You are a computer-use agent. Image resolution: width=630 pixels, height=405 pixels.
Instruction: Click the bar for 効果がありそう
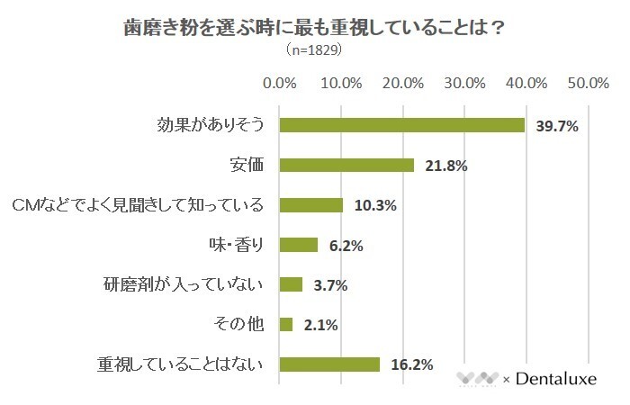(x=401, y=125)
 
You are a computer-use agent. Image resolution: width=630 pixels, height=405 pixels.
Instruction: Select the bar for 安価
(x=346, y=165)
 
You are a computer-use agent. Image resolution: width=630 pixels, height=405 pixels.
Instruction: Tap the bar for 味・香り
(x=299, y=245)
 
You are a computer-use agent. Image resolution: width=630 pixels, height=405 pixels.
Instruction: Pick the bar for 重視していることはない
(x=329, y=364)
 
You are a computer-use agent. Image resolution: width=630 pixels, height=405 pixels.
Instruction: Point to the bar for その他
(x=286, y=324)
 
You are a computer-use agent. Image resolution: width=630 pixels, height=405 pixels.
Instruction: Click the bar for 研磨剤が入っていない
(x=291, y=284)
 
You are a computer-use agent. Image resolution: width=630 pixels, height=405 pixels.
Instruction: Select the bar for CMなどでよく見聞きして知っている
(x=311, y=205)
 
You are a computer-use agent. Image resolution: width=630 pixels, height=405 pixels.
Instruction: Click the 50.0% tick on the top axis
(x=589, y=83)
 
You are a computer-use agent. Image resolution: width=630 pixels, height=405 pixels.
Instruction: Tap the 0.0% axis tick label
(x=279, y=83)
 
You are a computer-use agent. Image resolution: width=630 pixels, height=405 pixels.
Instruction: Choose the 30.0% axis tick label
(x=465, y=83)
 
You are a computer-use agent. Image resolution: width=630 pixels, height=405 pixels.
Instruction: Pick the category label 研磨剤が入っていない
(x=184, y=284)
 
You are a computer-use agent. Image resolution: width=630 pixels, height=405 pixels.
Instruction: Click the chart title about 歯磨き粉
(x=313, y=28)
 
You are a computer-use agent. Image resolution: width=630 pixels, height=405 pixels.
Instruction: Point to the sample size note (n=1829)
(x=313, y=50)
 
